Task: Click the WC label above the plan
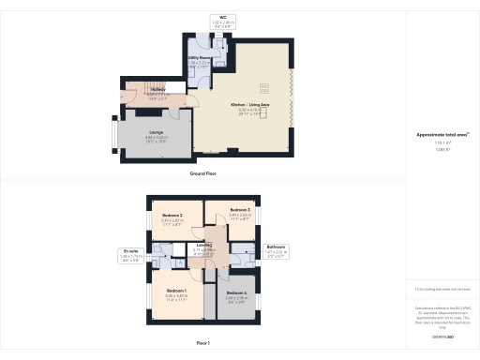point(223,17)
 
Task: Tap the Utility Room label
point(198,57)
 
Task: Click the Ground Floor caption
point(203,174)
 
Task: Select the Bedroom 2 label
point(171,216)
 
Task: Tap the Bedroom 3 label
point(239,209)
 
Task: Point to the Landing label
point(204,246)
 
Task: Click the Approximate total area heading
point(440,135)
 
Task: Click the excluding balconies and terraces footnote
point(440,291)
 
